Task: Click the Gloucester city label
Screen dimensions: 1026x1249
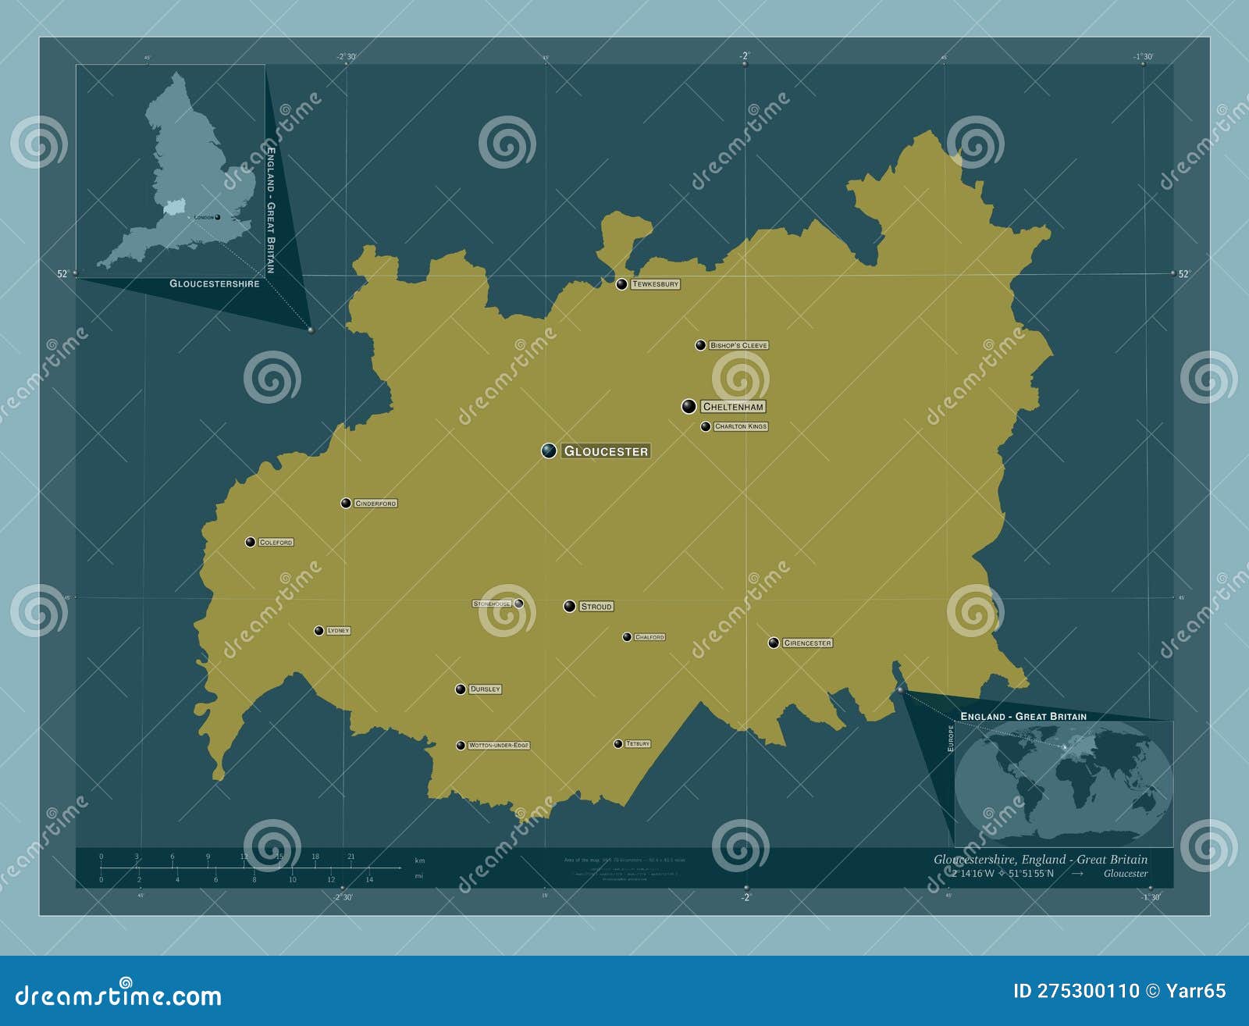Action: (x=606, y=451)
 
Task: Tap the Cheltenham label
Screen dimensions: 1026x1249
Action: (x=733, y=407)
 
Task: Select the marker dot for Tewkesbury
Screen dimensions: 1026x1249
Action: (x=621, y=284)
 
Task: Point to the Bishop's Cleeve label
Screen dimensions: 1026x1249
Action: (x=738, y=345)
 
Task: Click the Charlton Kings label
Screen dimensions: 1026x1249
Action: (x=741, y=426)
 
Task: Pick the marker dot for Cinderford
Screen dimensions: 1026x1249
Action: (x=346, y=503)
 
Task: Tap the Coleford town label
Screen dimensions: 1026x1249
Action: (x=276, y=542)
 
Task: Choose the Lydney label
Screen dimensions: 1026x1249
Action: (x=338, y=631)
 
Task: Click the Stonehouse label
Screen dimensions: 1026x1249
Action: (x=492, y=604)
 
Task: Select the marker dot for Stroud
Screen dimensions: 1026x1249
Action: (x=570, y=606)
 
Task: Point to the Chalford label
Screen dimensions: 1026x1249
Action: (x=649, y=637)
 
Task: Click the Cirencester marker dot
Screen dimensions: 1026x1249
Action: (x=774, y=643)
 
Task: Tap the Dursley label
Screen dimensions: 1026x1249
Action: (x=485, y=689)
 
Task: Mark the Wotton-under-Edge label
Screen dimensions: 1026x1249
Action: (x=499, y=746)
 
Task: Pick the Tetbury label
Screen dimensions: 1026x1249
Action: (x=638, y=744)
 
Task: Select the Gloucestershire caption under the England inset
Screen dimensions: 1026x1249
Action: (x=215, y=283)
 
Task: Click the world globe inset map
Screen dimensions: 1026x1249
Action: (x=1062, y=782)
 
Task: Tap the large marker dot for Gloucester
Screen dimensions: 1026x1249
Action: (x=550, y=451)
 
